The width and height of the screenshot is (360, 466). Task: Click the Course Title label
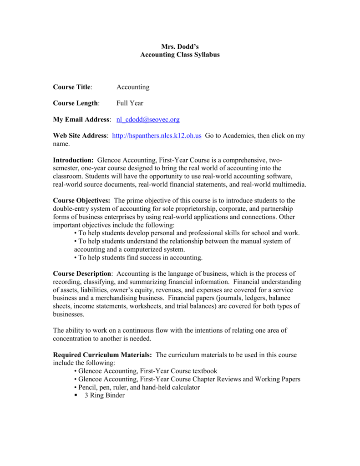(72, 87)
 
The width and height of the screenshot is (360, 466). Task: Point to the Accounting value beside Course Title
(133, 87)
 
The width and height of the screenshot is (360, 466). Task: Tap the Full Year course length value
(130, 103)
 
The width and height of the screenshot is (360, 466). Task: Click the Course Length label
(76, 103)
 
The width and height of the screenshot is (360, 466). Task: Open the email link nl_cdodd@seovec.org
(148, 120)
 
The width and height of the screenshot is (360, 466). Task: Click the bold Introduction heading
(73, 160)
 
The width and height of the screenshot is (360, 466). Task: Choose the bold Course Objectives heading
(81, 201)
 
